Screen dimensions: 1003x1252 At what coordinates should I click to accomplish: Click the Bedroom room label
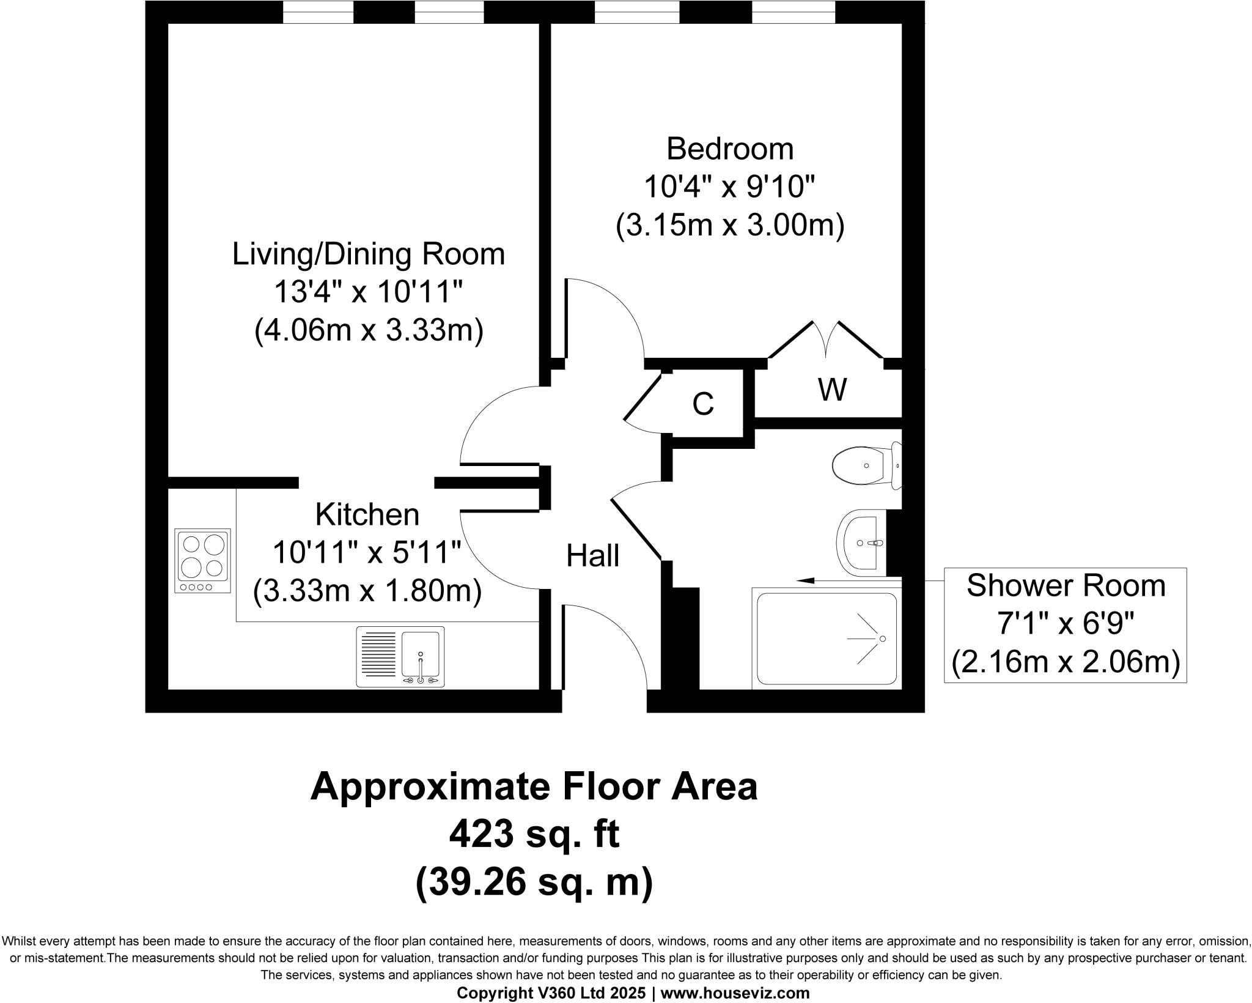(x=729, y=149)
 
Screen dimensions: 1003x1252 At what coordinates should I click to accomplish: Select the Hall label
(x=592, y=556)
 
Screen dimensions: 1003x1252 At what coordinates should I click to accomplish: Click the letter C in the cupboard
(x=703, y=404)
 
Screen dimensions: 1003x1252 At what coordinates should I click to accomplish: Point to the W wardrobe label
(x=832, y=390)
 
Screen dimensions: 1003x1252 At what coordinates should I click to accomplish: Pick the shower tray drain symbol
(x=882, y=638)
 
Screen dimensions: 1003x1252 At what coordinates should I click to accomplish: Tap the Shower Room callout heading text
(x=1066, y=586)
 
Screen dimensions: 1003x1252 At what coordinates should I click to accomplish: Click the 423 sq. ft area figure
(x=534, y=835)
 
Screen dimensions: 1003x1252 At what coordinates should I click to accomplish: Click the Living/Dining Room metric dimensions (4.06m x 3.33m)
(x=369, y=331)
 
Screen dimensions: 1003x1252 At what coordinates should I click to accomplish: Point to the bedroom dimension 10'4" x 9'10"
(x=729, y=187)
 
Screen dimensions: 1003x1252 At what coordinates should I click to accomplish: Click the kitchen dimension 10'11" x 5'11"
(x=367, y=553)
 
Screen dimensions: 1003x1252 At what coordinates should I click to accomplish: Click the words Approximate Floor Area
(x=534, y=787)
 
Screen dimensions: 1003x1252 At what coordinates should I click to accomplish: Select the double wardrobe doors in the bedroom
(x=826, y=341)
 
